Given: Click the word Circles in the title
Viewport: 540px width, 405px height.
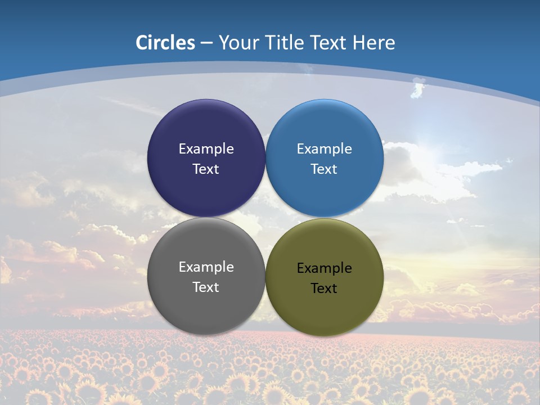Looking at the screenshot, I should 165,42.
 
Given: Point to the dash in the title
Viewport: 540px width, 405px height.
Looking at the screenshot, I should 206,43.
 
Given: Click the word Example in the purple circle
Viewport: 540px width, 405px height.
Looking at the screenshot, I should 206,149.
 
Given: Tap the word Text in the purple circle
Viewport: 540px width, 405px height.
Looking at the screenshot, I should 206,169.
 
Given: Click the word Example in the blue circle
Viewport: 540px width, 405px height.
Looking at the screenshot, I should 324,149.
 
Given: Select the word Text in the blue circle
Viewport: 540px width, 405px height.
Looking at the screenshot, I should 324,169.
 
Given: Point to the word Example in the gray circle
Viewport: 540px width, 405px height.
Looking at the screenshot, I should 206,267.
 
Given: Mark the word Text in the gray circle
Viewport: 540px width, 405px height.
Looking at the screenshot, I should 206,287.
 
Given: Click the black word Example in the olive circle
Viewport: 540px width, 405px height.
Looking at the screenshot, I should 324,268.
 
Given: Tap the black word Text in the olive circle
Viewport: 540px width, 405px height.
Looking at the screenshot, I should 324,288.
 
